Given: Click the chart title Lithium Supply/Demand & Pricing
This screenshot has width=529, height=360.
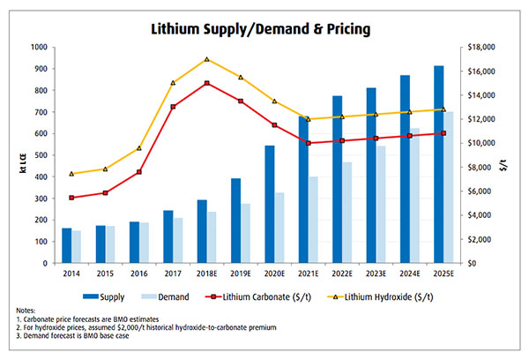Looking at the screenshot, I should coord(264,28).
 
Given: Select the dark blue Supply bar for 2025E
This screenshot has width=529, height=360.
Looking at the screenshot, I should coord(439,164).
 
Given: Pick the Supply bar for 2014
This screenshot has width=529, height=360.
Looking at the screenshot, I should coord(67,245).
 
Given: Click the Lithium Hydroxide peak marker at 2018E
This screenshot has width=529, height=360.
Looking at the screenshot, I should coord(206,59).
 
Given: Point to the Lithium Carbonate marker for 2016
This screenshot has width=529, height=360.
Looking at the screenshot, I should coord(139,172).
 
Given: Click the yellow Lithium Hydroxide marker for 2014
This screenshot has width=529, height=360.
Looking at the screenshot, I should coord(71,173).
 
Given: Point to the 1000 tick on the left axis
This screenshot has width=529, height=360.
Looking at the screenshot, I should coord(39,48).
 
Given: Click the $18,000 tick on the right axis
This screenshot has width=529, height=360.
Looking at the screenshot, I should coord(481,48).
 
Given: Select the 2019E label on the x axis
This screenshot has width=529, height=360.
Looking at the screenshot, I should coord(242,274).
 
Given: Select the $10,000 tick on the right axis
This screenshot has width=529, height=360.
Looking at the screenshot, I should coord(481,143).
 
